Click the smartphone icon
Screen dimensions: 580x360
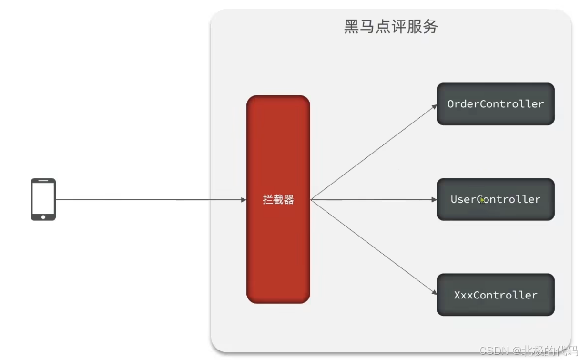point(43,199)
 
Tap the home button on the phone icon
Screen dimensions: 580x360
point(43,217)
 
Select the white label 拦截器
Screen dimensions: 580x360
point(278,200)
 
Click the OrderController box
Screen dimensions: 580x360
point(495,104)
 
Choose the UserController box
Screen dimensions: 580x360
point(495,199)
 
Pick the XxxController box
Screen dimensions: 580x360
point(495,295)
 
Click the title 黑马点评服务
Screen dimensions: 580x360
point(391,27)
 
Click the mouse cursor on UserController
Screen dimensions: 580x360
point(482,200)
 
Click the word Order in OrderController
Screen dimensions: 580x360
point(462,104)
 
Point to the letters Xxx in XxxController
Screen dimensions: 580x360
point(463,295)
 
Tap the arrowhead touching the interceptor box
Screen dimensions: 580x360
point(243,200)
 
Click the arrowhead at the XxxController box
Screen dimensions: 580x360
point(434,293)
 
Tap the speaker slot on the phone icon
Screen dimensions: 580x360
point(43,181)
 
